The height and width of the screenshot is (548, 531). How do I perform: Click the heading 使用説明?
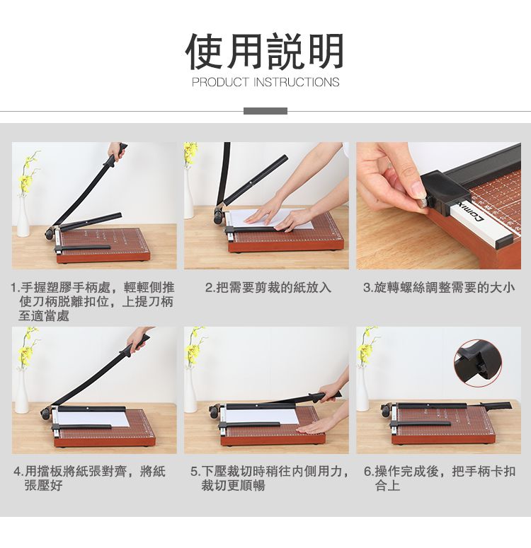[x=265, y=52]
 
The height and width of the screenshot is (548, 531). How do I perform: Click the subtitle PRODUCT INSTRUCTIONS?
[x=265, y=83]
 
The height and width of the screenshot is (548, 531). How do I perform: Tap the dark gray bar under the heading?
[x=265, y=111]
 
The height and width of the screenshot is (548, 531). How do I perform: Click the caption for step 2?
[x=268, y=288]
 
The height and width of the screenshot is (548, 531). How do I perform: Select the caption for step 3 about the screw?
[x=439, y=288]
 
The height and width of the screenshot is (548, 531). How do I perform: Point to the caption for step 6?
[x=439, y=479]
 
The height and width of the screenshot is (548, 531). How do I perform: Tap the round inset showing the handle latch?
[x=477, y=363]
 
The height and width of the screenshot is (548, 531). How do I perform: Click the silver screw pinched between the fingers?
[x=424, y=204]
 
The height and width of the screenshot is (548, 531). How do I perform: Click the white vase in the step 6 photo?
[x=362, y=390]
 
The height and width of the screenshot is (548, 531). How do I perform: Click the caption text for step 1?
[x=93, y=302]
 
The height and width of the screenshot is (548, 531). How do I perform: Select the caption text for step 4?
[x=89, y=479]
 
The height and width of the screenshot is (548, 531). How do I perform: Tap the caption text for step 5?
[x=270, y=479]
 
